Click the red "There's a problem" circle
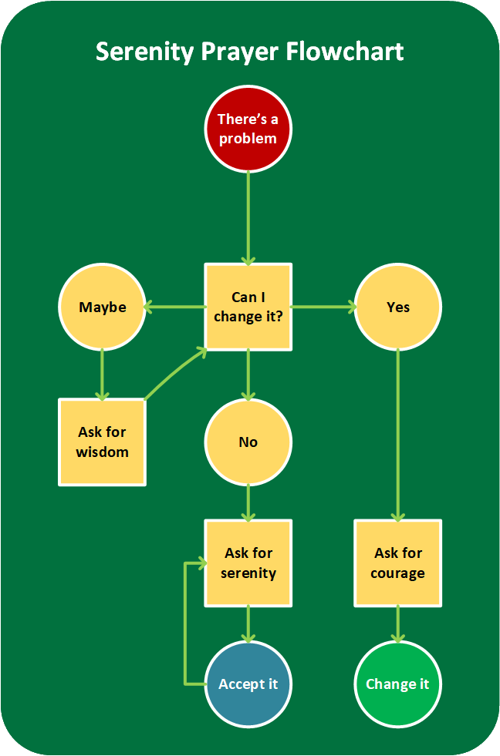248,129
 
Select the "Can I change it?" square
248,307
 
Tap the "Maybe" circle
102,307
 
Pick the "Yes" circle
397,307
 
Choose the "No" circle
248,442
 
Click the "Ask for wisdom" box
102,442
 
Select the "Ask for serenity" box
248,563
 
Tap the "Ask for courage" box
397,563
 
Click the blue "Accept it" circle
248,684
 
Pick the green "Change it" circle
397,684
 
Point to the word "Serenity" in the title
144,52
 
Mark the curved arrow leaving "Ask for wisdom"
174,373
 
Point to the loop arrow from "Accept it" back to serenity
185,624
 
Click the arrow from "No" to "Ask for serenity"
248,502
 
